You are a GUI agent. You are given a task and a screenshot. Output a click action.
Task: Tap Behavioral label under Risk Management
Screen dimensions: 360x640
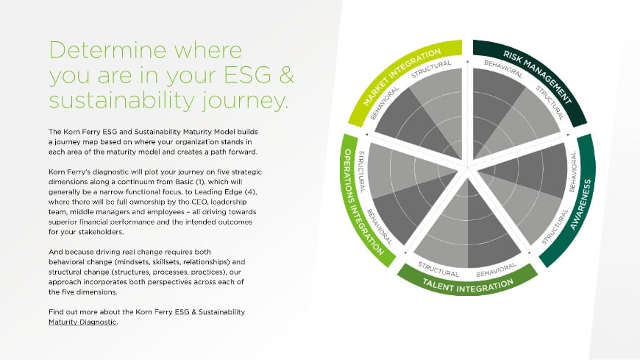point(504,69)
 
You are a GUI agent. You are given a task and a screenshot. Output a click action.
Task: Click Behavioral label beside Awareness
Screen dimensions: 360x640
point(572,167)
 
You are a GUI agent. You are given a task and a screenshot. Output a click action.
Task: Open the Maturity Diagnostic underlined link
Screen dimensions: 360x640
point(82,322)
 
